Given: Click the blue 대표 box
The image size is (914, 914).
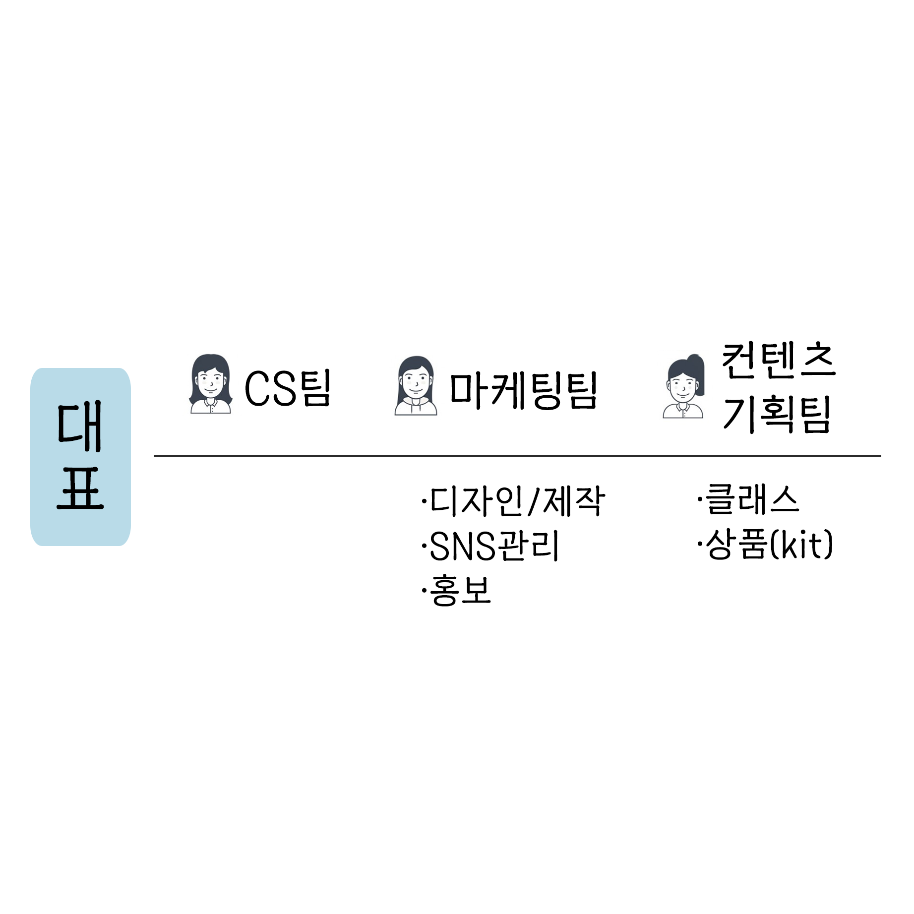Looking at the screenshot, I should coord(80,456).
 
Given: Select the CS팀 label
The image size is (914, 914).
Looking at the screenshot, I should coord(288,388).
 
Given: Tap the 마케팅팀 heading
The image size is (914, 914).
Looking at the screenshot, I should coord(523,391).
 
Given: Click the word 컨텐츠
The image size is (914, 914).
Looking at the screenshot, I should coord(778,361).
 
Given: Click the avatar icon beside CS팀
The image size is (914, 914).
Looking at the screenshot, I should coord(210,384).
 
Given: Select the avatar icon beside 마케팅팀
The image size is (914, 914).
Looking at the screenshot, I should coord(416,386).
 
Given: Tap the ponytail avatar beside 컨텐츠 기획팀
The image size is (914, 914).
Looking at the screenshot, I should coord(684,387).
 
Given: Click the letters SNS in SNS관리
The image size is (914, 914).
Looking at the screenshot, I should coord(462,546).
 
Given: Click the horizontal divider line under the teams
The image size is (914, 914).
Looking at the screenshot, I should coord(517,455).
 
